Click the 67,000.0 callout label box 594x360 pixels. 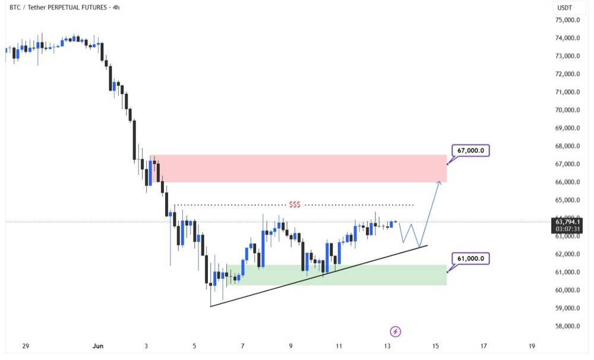click(470, 150)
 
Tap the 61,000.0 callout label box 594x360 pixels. click(470, 258)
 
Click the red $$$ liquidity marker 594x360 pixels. click(295, 205)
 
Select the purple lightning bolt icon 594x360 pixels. click(396, 332)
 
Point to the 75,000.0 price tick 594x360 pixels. click(567, 20)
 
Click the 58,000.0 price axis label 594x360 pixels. click(567, 326)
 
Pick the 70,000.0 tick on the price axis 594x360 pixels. click(567, 110)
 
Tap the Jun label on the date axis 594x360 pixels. click(98, 346)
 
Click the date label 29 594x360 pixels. click(26, 346)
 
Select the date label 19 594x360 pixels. click(532, 346)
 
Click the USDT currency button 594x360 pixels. click(564, 8)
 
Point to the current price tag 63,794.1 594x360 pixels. click(567, 222)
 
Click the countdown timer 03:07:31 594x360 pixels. click(567, 229)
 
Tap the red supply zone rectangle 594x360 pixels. click(299, 169)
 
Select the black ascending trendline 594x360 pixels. click(318, 276)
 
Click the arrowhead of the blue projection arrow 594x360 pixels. click(439, 182)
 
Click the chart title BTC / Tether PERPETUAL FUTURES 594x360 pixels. click(58, 7)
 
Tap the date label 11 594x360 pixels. click(339, 346)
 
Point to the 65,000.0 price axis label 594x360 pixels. click(567, 200)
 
